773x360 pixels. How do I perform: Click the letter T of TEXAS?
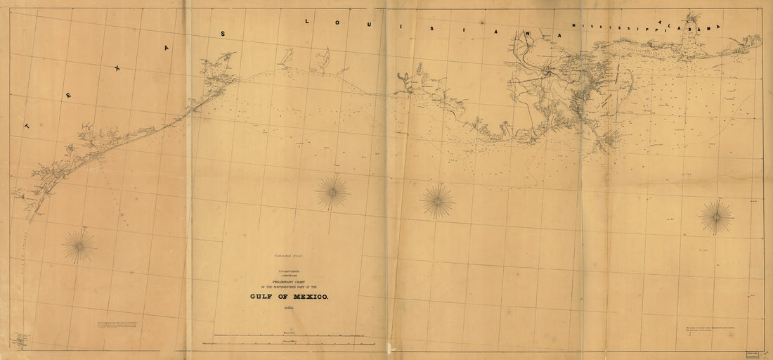pyautogui.click(x=27, y=126)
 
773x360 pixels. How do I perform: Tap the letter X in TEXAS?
pyautogui.click(x=117, y=68)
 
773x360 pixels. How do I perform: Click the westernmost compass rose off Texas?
pyautogui.click(x=79, y=246)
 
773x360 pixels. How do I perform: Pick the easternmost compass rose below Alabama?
pyautogui.click(x=716, y=217)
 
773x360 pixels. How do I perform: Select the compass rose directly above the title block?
pyautogui.click(x=332, y=192)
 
